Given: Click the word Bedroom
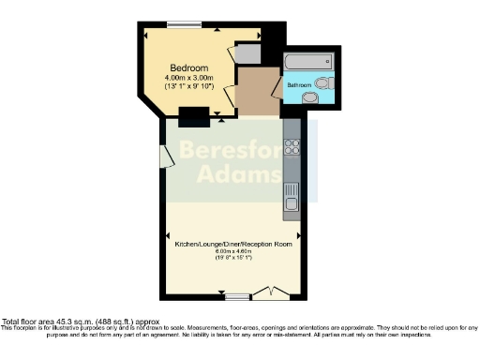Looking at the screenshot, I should (x=187, y=67).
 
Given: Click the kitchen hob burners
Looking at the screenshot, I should (x=292, y=147).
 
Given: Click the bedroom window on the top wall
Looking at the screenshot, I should (x=180, y=23).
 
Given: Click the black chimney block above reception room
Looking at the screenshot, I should (x=193, y=117).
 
